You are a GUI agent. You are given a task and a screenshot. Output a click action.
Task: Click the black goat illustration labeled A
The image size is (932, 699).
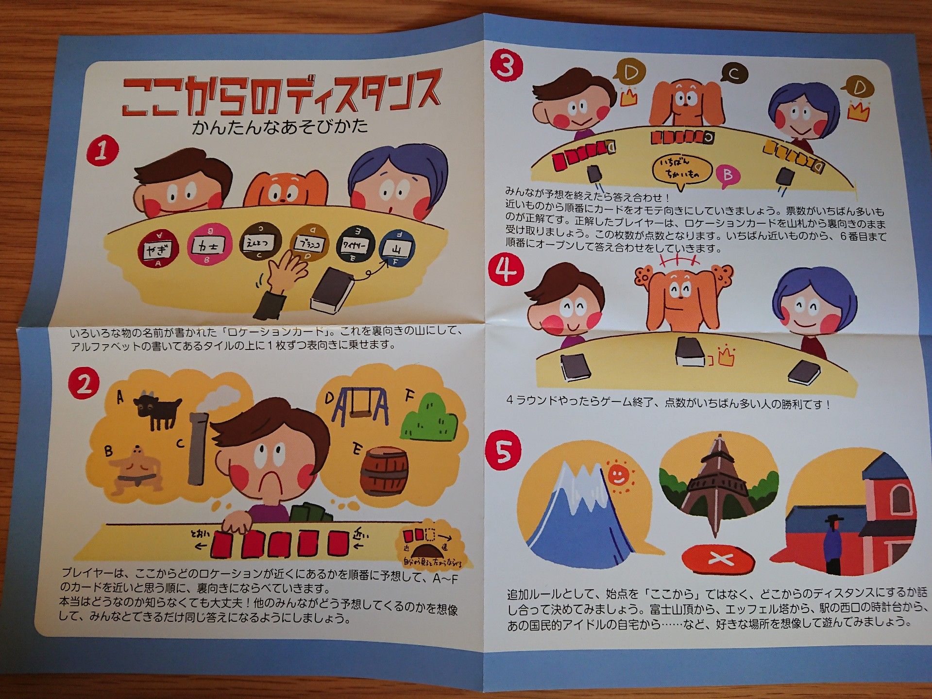coord(157,410)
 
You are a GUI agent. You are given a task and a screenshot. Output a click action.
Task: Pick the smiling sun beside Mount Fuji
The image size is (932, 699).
coord(617,475)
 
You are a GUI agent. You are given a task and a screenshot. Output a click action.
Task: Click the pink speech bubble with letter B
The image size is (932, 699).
coord(727,175)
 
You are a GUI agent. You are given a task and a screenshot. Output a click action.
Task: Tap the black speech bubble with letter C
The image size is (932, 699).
coord(734,74)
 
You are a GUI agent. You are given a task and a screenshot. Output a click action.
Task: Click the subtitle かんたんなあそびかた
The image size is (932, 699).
coord(280,127)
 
